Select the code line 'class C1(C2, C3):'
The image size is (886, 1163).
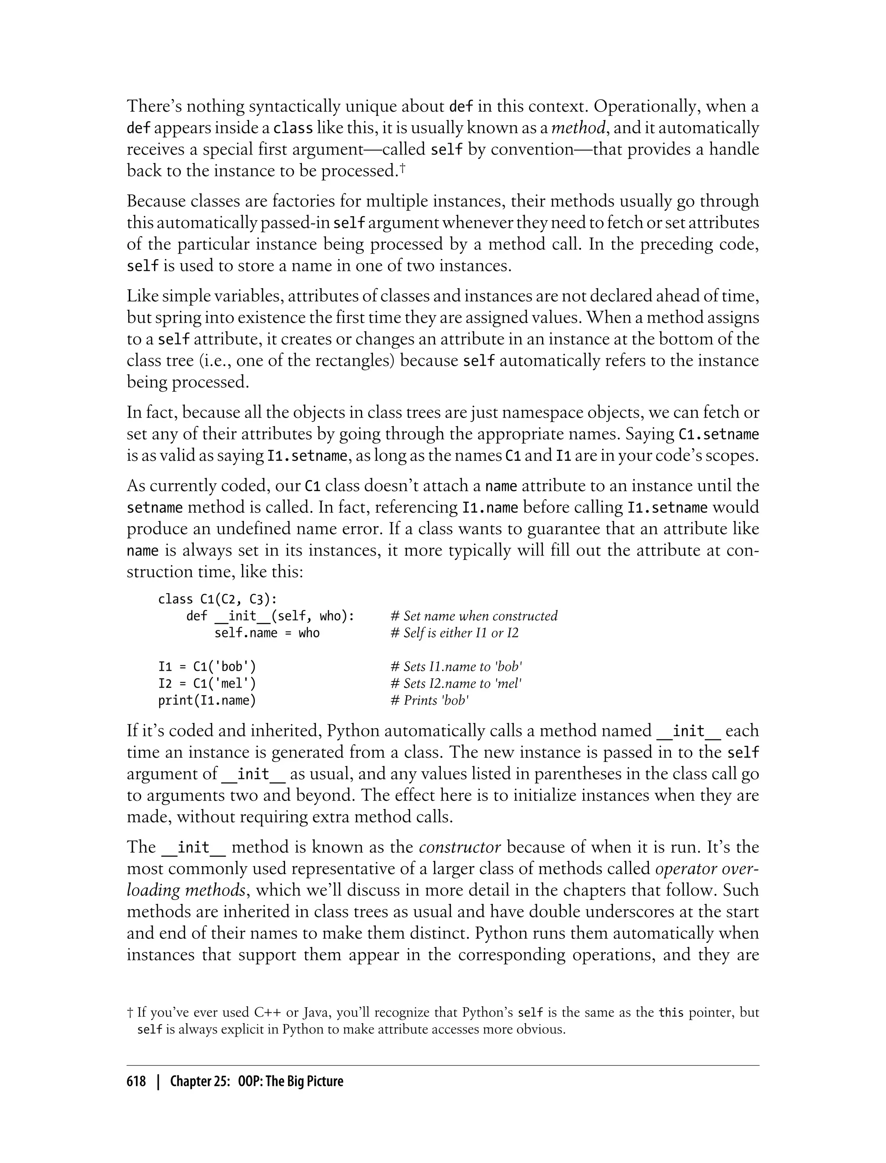point(217,599)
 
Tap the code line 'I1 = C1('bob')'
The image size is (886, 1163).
point(207,667)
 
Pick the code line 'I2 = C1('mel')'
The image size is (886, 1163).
point(207,684)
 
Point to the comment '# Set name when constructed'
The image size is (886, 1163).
point(474,616)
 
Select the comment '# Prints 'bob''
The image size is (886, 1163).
point(430,700)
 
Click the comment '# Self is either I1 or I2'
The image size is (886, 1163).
point(455,633)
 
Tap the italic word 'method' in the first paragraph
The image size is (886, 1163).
point(578,128)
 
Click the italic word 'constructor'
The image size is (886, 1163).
point(460,847)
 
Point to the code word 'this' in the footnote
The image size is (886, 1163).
point(671,1013)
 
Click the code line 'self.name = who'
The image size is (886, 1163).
point(267,633)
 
